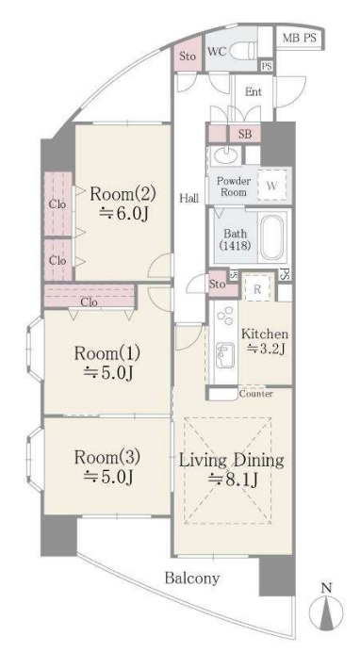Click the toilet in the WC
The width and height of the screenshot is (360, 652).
(x=242, y=52)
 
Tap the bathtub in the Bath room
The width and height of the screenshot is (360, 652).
(x=272, y=237)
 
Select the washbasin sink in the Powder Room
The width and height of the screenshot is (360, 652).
(x=224, y=155)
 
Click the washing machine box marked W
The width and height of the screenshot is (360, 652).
(x=271, y=186)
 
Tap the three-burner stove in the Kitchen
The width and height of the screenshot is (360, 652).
(x=225, y=317)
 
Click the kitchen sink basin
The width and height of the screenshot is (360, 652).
(x=224, y=354)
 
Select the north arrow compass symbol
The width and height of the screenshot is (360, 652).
(x=327, y=610)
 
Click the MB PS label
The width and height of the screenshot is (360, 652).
(x=300, y=39)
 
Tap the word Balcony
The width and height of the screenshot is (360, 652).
(x=192, y=578)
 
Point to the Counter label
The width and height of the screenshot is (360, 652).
(x=256, y=393)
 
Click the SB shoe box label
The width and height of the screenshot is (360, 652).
(x=245, y=135)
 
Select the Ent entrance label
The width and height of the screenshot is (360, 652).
(x=254, y=92)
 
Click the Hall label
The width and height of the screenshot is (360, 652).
(x=188, y=199)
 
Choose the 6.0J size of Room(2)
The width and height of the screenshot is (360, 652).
(x=123, y=213)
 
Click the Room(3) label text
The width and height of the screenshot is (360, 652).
(x=107, y=458)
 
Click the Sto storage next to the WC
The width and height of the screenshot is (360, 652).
(x=188, y=56)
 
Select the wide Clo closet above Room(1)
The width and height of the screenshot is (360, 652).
(x=90, y=296)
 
